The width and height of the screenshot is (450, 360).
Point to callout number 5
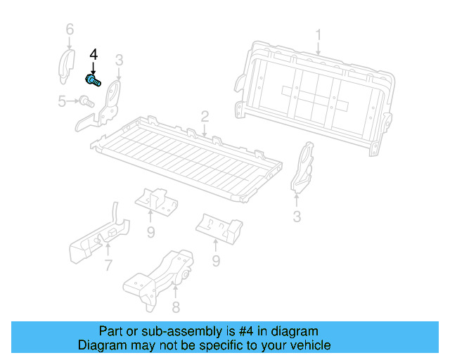[63, 102]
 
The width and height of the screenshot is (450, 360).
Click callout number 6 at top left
[69, 30]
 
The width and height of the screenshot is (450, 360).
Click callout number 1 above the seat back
[318, 34]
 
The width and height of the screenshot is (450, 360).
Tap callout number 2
[205, 116]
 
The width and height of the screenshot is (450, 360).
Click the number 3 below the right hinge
[297, 217]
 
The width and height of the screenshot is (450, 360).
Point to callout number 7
[108, 265]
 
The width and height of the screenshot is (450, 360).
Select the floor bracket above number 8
[162, 274]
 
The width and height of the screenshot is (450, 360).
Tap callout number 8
[176, 307]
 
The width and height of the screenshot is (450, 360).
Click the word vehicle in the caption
[308, 345]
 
